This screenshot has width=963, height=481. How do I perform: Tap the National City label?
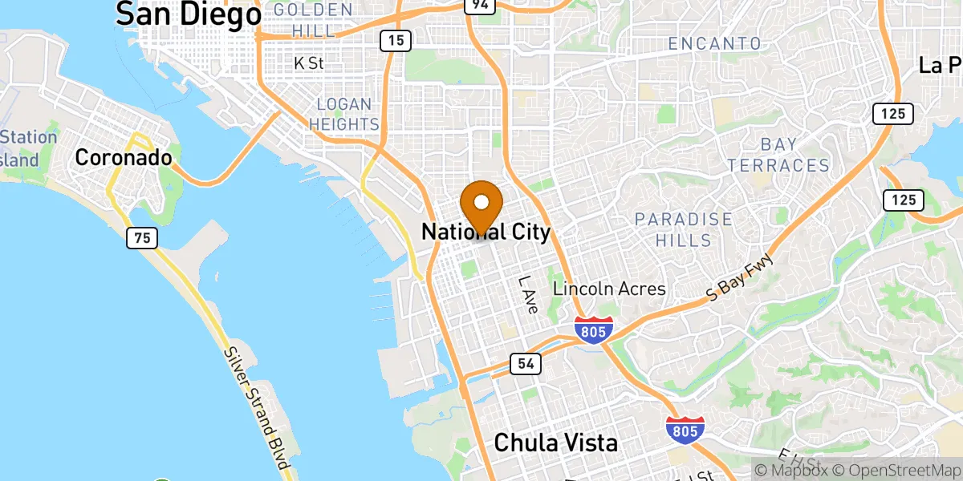coord(486,232)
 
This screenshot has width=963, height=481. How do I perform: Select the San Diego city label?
coord(189,14)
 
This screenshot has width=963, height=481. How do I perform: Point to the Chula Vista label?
coord(555,442)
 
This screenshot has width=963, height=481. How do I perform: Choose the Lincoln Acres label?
coord(609,289)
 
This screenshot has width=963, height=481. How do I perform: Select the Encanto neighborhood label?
coord(714,42)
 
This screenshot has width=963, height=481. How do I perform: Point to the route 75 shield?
coord(141,237)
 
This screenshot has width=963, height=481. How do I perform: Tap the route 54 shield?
coord(525,364)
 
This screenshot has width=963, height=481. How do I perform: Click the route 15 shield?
coord(396,39)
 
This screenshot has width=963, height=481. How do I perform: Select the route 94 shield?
coord(478,6)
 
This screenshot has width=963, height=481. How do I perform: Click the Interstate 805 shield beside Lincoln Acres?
coord(594,329)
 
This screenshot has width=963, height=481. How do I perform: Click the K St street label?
coord(309,63)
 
